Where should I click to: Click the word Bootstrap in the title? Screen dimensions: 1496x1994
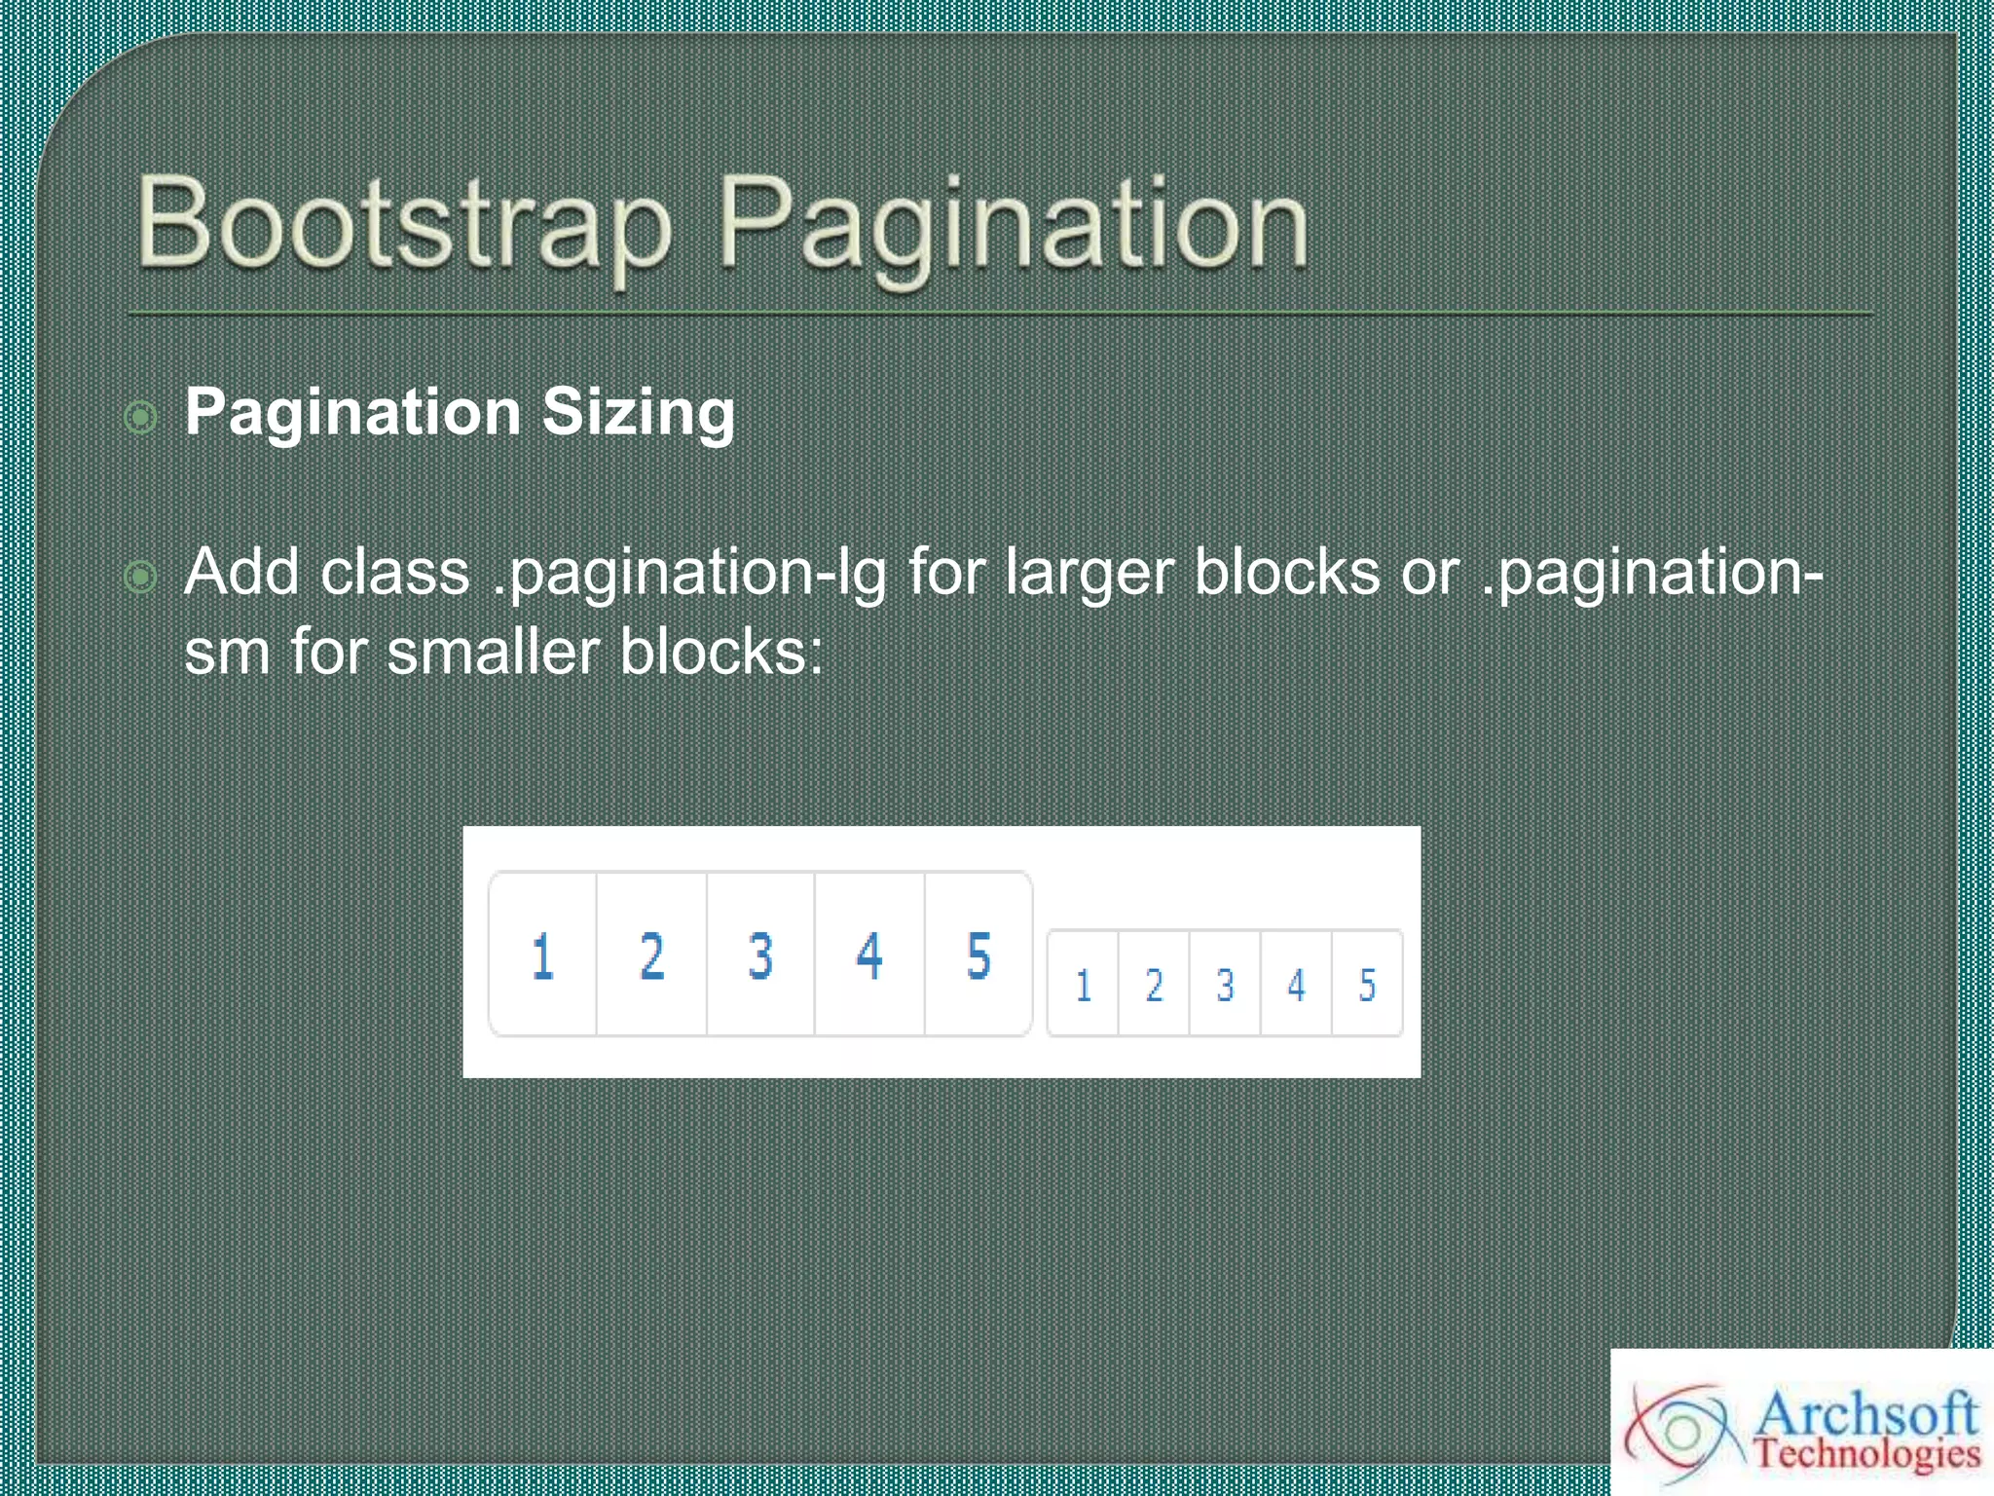(404, 224)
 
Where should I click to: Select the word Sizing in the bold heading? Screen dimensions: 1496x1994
(638, 412)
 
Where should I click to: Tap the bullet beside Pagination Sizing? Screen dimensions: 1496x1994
(141, 418)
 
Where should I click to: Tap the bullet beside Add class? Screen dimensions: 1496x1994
(141, 577)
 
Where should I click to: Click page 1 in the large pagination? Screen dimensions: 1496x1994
(543, 955)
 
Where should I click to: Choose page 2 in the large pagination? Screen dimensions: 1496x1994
(652, 955)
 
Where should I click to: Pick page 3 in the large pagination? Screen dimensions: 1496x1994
(761, 955)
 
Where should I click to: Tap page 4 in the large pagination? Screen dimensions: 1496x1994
(869, 955)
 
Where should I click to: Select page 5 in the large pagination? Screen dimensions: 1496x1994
(979, 955)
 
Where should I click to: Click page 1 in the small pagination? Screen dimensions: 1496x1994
(1083, 985)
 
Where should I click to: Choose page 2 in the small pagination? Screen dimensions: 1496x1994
(1154, 985)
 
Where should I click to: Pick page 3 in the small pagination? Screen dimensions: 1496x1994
(1225, 985)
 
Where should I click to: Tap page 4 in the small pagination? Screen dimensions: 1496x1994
(1296, 985)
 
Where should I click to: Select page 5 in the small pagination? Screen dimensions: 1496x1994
(1367, 985)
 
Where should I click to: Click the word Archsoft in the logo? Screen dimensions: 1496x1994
(1865, 1413)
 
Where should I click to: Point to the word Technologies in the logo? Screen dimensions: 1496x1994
(1867, 1454)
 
